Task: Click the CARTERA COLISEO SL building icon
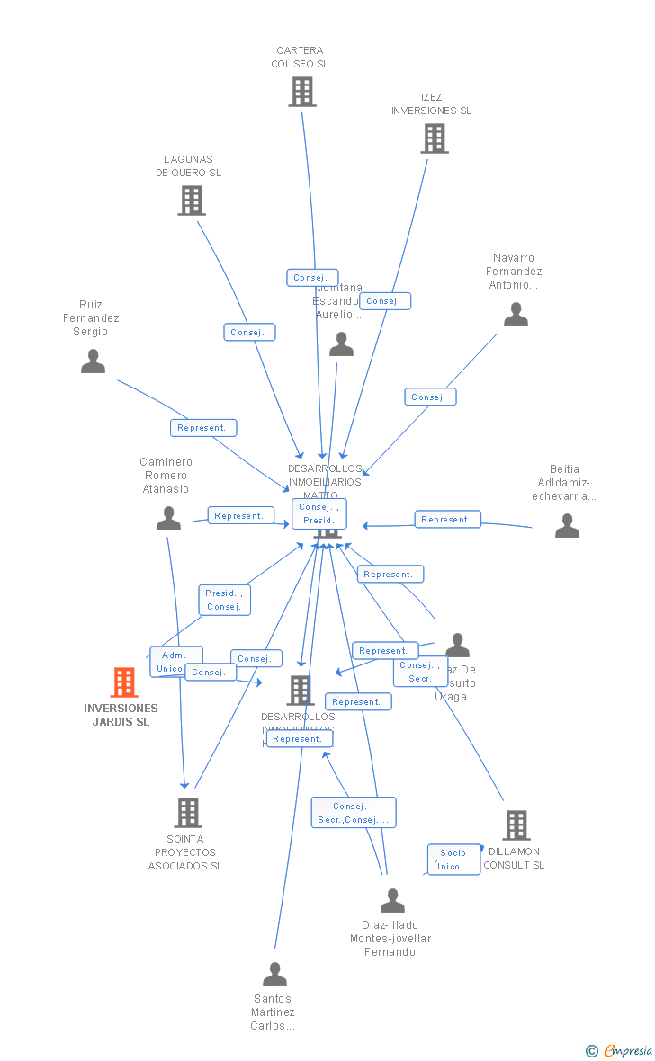coord(302,92)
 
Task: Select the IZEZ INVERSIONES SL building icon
coord(434,138)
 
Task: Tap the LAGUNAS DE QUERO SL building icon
coord(191,201)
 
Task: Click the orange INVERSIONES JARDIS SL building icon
coord(124,682)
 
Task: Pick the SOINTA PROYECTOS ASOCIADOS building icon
coord(187,812)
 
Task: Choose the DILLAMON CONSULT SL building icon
coord(516,825)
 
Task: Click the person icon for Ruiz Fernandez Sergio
coord(93,361)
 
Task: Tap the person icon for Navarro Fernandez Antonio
coord(516,315)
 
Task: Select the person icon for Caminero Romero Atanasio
coord(168,519)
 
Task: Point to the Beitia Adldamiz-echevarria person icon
coord(567,526)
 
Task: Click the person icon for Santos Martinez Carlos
coord(274,975)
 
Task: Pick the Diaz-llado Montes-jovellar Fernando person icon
coord(392,900)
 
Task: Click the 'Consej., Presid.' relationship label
coord(319,513)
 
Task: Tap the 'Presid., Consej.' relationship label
coord(224,600)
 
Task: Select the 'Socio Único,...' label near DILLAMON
coord(453,860)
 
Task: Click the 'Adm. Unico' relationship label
coord(175,662)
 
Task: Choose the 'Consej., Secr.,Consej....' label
coord(354,813)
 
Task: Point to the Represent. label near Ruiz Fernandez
coord(203,428)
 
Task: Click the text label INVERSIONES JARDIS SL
coord(121,715)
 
